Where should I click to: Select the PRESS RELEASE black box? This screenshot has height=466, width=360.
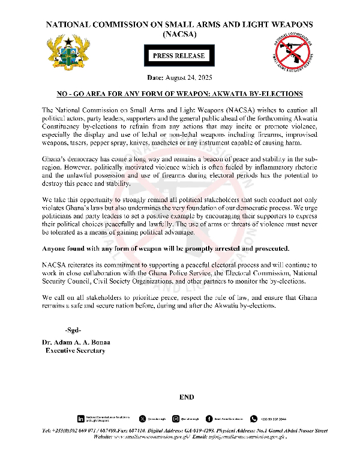pyautogui.click(x=179, y=56)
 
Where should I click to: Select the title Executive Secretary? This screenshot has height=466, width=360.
pyautogui.click(x=76, y=350)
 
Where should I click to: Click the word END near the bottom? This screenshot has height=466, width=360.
pyautogui.click(x=187, y=398)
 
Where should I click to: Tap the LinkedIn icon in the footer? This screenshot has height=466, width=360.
pyautogui.click(x=80, y=419)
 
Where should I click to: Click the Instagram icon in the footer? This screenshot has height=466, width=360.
pyautogui.click(x=176, y=419)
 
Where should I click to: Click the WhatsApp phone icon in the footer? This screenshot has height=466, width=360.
pyautogui.click(x=254, y=419)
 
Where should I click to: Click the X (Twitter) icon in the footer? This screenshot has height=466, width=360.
pyautogui.click(x=142, y=419)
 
